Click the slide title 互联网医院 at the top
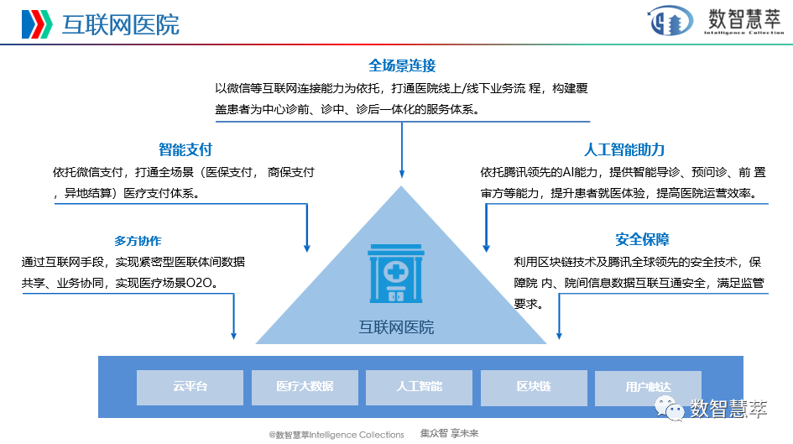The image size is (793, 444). click(x=121, y=24)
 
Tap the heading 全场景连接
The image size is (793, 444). click(x=402, y=65)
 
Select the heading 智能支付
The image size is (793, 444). click(x=185, y=150)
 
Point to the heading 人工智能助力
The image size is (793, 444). click(x=624, y=150)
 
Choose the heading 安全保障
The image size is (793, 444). click(x=642, y=239)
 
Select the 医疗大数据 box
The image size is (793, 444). click(x=305, y=386)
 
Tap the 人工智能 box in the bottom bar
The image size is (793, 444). click(x=419, y=386)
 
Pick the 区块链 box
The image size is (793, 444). click(x=534, y=386)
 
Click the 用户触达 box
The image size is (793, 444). click(x=648, y=387)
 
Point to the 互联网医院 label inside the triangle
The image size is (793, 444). click(x=396, y=326)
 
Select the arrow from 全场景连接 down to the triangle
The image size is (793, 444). click(x=402, y=151)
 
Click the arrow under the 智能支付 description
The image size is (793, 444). click(x=307, y=227)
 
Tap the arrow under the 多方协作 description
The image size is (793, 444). click(x=234, y=319)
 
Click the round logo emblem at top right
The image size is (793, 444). click(x=669, y=23)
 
